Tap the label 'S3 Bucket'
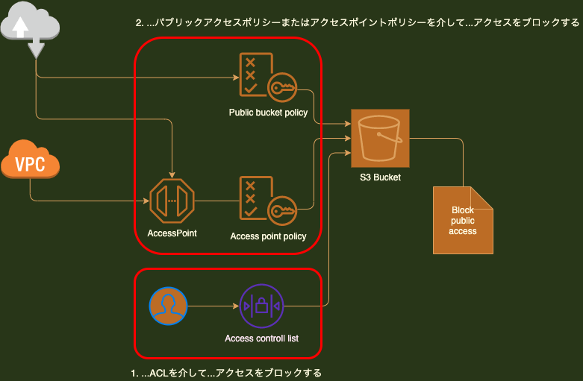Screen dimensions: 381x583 point(380,177)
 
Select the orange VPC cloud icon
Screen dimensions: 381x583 point(30,160)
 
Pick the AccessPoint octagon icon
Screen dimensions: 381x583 point(172,201)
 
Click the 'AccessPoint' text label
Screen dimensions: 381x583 point(172,233)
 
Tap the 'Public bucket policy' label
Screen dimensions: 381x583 point(268,113)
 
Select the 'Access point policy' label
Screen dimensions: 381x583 point(268,236)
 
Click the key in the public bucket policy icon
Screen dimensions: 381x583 point(284,89)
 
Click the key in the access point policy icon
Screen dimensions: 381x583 point(284,212)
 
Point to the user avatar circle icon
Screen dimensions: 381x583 point(168,306)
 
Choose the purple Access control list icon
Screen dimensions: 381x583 point(261,306)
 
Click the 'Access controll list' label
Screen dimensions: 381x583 point(261,339)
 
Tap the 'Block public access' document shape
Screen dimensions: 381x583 point(463,220)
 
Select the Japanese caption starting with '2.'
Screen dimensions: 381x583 point(357,23)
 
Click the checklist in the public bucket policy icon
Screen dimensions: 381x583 point(252,75)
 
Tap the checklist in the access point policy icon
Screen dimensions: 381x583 point(252,198)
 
